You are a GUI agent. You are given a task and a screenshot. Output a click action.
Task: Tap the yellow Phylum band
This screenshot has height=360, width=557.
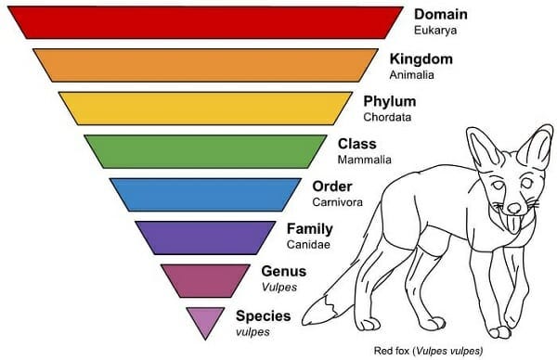pyautogui.click(x=205, y=108)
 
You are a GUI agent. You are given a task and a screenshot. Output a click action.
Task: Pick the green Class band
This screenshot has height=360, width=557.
pyautogui.click(x=205, y=150)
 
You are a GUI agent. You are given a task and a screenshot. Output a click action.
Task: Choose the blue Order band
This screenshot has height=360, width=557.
pyautogui.click(x=205, y=193)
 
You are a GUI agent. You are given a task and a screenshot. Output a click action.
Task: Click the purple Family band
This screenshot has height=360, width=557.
pyautogui.click(x=205, y=236)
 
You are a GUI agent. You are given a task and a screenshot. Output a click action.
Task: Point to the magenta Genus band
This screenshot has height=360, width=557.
pyautogui.click(x=205, y=278)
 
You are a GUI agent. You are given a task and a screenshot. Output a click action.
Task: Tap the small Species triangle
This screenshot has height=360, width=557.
pyautogui.click(x=205, y=318)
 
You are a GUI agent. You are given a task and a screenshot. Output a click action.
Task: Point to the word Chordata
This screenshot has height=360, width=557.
pyautogui.click(x=386, y=118)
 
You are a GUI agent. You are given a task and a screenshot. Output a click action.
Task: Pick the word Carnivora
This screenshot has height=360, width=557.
pyautogui.click(x=337, y=202)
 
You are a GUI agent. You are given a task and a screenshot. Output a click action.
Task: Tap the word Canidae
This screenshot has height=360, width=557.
pyautogui.click(x=309, y=245)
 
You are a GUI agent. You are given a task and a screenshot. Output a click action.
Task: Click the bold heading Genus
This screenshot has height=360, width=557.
pyautogui.click(x=284, y=272)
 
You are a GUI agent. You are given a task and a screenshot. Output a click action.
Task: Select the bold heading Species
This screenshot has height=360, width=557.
pyautogui.click(x=263, y=315)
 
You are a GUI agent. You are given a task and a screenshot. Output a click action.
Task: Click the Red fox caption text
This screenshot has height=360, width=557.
pyautogui.click(x=430, y=351)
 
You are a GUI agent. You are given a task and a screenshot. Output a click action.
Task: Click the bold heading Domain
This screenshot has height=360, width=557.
pyautogui.click(x=440, y=15)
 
